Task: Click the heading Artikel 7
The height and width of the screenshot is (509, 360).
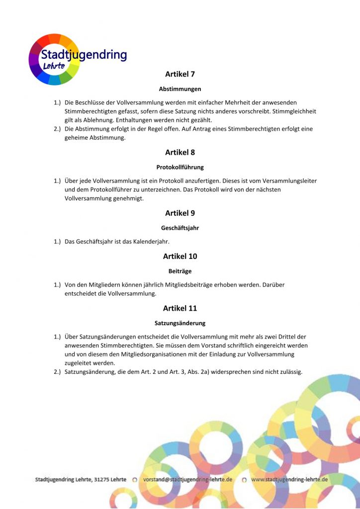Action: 180,74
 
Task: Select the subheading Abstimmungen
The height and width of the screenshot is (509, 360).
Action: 180,89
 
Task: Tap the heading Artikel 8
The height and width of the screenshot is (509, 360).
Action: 180,152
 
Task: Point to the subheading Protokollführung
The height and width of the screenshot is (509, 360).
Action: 180,167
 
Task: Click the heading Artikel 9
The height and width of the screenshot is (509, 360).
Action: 180,213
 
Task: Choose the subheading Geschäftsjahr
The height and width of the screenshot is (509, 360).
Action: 180,228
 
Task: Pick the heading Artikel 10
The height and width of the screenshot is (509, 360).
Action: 180,256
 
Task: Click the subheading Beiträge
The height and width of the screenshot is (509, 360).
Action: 180,271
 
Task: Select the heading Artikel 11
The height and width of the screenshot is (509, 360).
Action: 180,308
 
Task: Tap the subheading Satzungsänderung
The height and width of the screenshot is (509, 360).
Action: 180,323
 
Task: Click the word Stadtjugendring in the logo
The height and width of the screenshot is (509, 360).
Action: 84,55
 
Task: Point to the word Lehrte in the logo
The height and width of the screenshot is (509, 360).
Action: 54,66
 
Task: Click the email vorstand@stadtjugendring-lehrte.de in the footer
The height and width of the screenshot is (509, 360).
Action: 187,480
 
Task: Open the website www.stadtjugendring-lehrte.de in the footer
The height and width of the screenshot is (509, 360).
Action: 289,480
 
